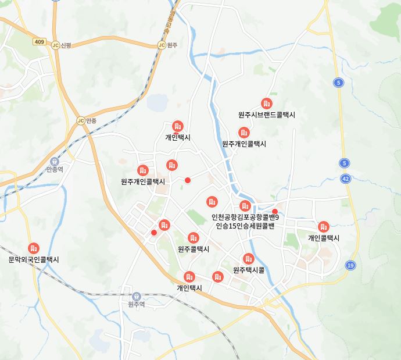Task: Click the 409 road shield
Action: pyautogui.click(x=39, y=42)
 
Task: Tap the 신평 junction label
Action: pyautogui.click(x=67, y=45)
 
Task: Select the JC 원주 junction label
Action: pyautogui.click(x=171, y=45)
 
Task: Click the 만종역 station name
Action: pyautogui.click(x=54, y=169)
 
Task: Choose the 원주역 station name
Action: pyautogui.click(x=136, y=304)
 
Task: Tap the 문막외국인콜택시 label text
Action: pyautogui.click(x=34, y=259)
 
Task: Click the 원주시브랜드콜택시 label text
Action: pyautogui.click(x=266, y=115)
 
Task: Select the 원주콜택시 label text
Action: pyautogui.click(x=194, y=249)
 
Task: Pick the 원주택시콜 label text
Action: pyautogui.click(x=249, y=270)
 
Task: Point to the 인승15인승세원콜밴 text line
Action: pyautogui.click(x=245, y=226)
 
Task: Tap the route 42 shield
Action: pyautogui.click(x=346, y=179)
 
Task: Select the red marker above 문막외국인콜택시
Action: pyautogui.click(x=34, y=248)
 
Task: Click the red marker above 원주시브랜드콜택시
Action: pyautogui.click(x=266, y=104)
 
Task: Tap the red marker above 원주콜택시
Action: pyautogui.click(x=194, y=238)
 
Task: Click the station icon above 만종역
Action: pyautogui.click(x=54, y=161)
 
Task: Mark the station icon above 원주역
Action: pyautogui.click(x=136, y=295)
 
